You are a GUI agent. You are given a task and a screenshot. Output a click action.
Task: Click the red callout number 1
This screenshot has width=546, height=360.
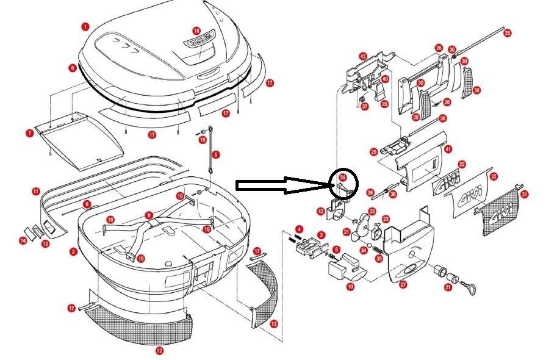(x=85, y=27)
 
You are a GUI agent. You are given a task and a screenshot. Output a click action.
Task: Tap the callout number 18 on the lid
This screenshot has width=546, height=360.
(x=196, y=30)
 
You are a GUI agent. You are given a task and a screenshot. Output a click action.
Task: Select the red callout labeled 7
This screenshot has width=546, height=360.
(x=30, y=133)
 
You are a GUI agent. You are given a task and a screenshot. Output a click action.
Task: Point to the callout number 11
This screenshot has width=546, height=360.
(x=36, y=192)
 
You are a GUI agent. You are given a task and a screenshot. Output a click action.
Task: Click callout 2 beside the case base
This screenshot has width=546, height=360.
(x=73, y=251)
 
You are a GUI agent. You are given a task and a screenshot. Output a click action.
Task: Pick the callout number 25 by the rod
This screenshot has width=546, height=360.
(x=508, y=33)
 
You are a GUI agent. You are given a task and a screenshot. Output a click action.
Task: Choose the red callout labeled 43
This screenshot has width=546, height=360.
(x=362, y=56)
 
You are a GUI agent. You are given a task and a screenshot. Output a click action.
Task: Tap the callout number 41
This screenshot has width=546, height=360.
(x=448, y=149)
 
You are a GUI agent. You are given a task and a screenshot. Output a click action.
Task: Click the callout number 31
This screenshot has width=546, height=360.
(x=525, y=195)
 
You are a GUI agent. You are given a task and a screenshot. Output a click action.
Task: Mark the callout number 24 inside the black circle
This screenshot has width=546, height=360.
(x=343, y=178)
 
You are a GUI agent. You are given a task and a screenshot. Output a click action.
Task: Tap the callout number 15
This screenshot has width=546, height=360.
(x=203, y=140)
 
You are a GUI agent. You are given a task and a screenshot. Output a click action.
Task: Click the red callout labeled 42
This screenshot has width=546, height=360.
(x=321, y=211)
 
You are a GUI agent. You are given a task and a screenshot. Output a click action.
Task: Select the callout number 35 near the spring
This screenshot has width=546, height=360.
(x=378, y=257)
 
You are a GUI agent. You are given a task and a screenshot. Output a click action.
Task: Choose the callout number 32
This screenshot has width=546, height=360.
(x=494, y=176)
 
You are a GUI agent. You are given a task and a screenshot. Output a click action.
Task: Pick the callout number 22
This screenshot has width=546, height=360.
(x=462, y=164)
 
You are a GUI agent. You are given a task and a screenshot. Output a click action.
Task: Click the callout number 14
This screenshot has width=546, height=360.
(x=23, y=241)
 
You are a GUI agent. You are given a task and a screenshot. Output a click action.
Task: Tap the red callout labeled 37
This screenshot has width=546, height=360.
(x=365, y=106)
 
